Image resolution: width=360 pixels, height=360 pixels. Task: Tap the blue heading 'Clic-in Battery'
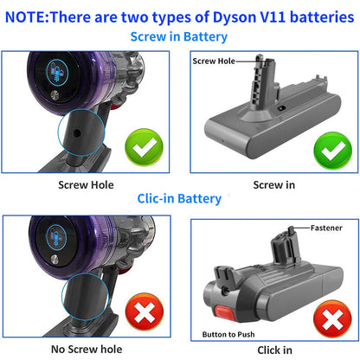pos(179,198)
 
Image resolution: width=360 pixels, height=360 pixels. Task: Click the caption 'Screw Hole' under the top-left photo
pos(85,183)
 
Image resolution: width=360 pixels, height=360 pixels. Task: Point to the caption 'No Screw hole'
pos(85,348)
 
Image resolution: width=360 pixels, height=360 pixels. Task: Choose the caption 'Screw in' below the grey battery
pos(274,183)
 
